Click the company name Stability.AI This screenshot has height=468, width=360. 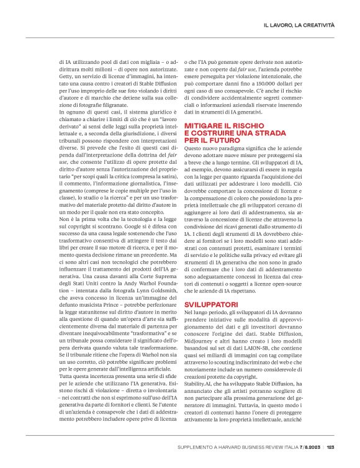click(202, 382)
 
